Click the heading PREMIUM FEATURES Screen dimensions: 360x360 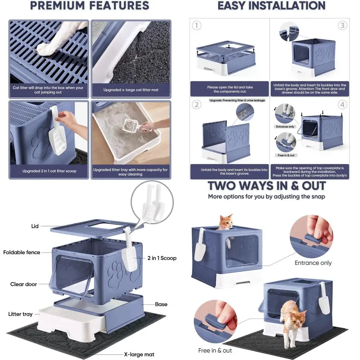click(90, 5)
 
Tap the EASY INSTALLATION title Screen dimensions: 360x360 click(271, 5)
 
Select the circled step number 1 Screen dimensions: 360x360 click(197, 26)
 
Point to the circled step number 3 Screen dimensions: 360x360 click(342, 26)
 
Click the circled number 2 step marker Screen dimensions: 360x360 click(197, 105)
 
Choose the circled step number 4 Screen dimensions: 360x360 click(342, 105)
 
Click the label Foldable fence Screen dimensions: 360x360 click(22, 252)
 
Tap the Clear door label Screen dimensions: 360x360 click(23, 284)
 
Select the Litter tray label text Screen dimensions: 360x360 click(20, 314)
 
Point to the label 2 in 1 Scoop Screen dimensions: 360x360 click(162, 258)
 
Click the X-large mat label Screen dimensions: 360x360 click(139, 355)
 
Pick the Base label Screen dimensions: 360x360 click(161, 304)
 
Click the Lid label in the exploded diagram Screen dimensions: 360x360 click(35, 226)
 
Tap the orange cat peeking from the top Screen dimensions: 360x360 click(226, 222)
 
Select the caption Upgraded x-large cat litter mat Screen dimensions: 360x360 click(131, 90)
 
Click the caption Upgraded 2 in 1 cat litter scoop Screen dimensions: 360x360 click(49, 171)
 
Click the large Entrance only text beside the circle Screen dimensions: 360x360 click(313, 263)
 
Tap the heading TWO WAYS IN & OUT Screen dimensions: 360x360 click(267, 186)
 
